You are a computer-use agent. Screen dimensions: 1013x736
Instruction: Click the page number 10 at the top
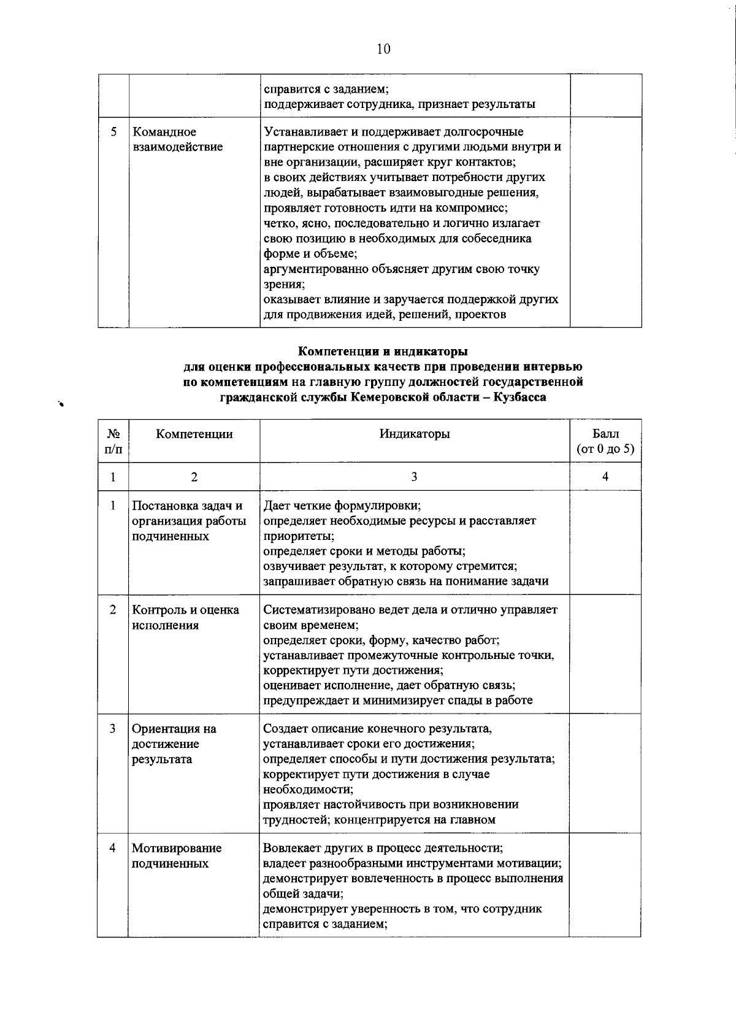pyautogui.click(x=383, y=49)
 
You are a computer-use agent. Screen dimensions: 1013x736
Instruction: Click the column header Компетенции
pyautogui.click(x=194, y=434)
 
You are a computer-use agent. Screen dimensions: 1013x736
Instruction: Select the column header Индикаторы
pyautogui.click(x=414, y=434)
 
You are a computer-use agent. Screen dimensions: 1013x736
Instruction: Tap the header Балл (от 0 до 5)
pyautogui.click(x=605, y=441)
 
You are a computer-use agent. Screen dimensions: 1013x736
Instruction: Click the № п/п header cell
pyautogui.click(x=113, y=441)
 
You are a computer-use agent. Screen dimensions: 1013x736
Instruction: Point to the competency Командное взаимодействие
pyautogui.click(x=177, y=139)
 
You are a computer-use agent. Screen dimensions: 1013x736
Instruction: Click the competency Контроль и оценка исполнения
pyautogui.click(x=185, y=617)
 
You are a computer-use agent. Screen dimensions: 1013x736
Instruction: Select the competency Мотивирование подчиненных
pyautogui.click(x=177, y=855)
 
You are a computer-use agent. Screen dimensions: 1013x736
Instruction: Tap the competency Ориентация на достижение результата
pyautogui.click(x=174, y=744)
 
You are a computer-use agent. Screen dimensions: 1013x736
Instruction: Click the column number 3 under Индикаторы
pyautogui.click(x=414, y=477)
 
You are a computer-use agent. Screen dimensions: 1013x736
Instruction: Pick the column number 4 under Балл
pyautogui.click(x=605, y=477)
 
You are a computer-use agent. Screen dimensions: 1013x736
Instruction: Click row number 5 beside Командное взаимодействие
pyautogui.click(x=113, y=132)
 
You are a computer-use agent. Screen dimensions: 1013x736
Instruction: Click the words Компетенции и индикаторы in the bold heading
pyautogui.click(x=383, y=352)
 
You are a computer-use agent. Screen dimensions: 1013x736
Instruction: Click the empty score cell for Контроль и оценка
pyautogui.click(x=605, y=653)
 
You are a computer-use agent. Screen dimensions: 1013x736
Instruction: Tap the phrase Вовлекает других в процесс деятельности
pyautogui.click(x=383, y=848)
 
